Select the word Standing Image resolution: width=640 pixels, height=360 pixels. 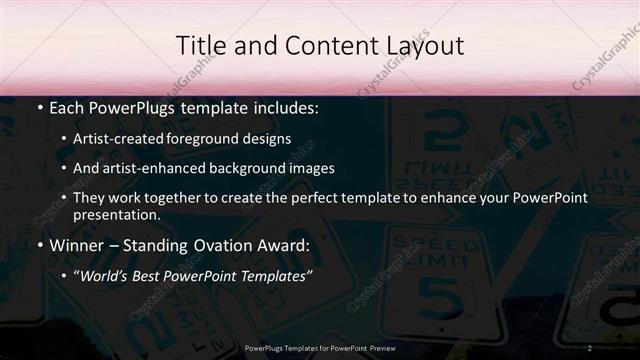(x=162, y=243)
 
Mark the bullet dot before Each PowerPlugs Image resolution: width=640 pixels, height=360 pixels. (x=38, y=105)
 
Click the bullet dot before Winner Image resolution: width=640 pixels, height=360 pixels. (x=38, y=244)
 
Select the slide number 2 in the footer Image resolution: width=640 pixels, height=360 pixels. (x=590, y=347)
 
